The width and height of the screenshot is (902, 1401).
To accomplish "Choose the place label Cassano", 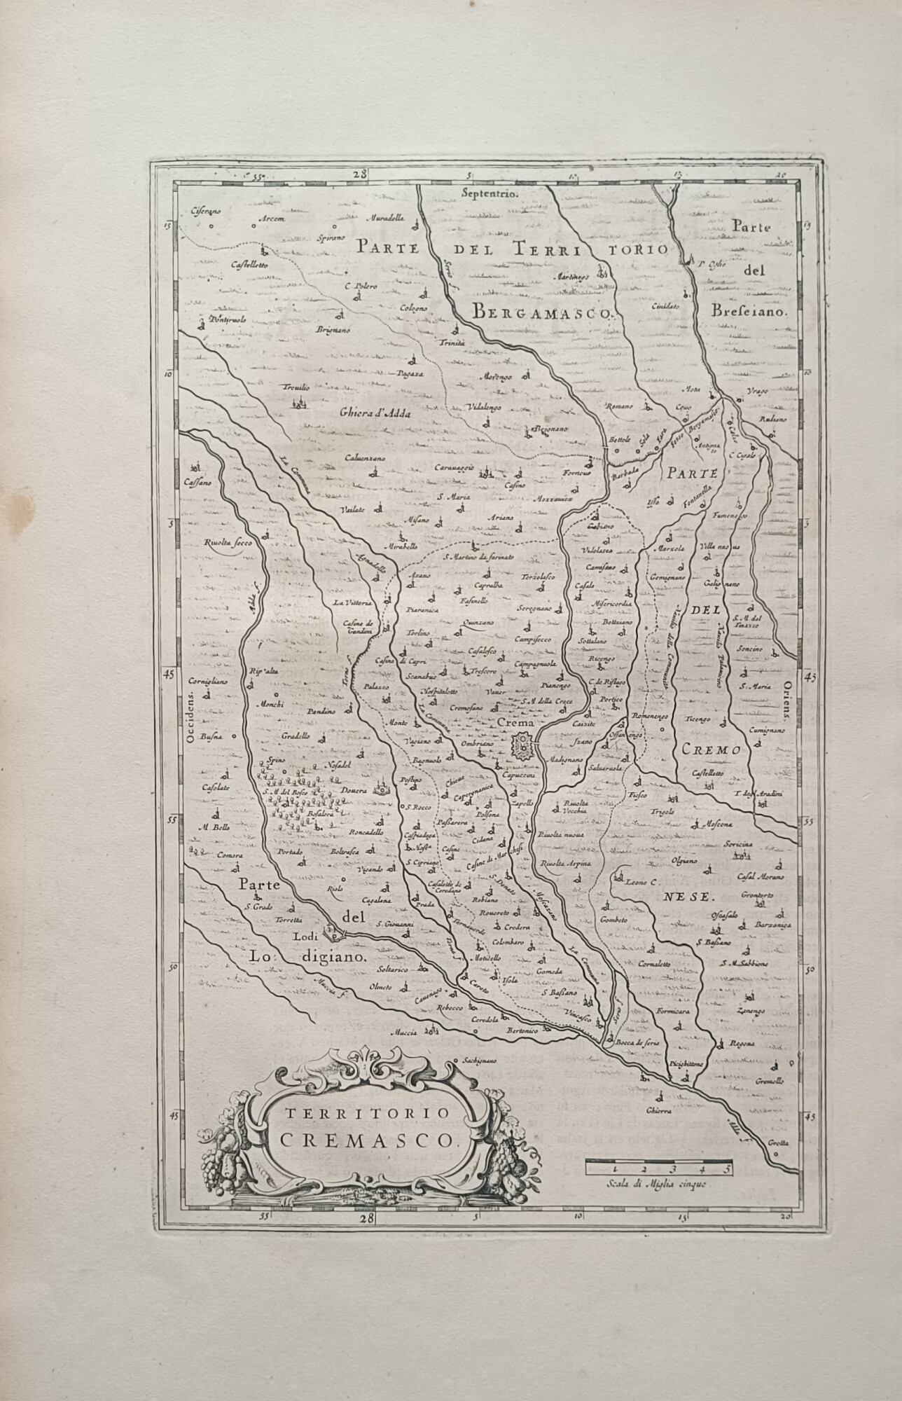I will (x=198, y=483).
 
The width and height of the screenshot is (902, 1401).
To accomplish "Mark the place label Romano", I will (x=620, y=406).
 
